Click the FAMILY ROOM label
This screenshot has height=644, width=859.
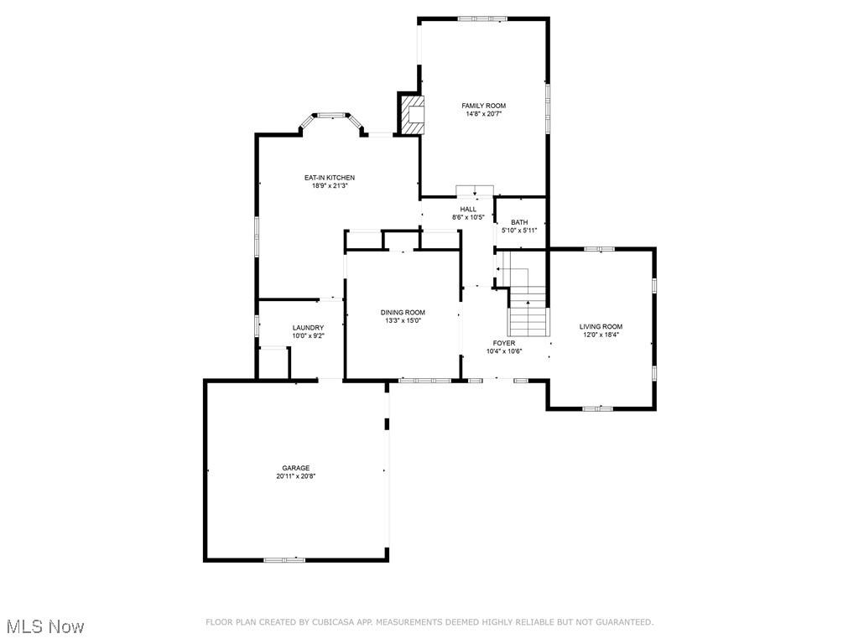pyautogui.click(x=484, y=106)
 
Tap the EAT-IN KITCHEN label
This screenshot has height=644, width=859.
pyautogui.click(x=329, y=178)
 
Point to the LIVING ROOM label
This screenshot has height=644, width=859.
pyautogui.click(x=601, y=326)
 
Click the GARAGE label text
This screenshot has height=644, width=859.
pyautogui.click(x=295, y=468)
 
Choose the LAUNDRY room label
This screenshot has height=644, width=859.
pyautogui.click(x=308, y=328)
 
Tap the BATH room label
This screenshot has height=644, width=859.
pyautogui.click(x=519, y=222)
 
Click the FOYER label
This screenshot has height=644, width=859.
pyautogui.click(x=503, y=343)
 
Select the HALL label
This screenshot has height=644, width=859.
pyautogui.click(x=468, y=209)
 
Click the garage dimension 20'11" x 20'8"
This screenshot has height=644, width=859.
pyautogui.click(x=295, y=476)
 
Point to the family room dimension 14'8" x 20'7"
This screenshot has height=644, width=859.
pyautogui.click(x=484, y=114)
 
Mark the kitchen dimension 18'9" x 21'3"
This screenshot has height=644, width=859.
pyautogui.click(x=329, y=186)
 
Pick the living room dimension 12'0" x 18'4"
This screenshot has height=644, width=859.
pyautogui.click(x=601, y=335)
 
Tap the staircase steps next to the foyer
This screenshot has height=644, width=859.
pyautogui.click(x=528, y=319)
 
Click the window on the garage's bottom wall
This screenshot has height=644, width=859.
pyautogui.click(x=284, y=559)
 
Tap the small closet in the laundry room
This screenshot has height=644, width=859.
pyautogui.click(x=273, y=363)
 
